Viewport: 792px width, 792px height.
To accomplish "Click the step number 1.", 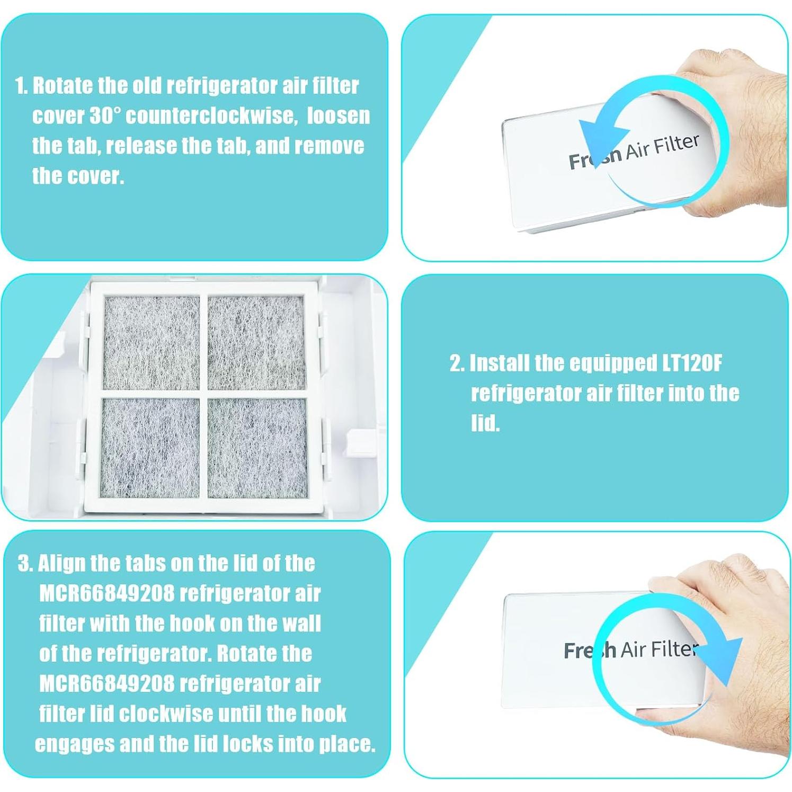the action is [22, 86].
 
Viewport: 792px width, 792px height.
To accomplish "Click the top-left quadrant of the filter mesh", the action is [152, 343].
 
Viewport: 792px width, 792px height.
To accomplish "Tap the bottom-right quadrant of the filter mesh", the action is [257, 448].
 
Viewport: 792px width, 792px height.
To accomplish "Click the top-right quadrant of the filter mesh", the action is [256, 343].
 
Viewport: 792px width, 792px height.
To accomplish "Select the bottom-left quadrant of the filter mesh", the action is [150, 448].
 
